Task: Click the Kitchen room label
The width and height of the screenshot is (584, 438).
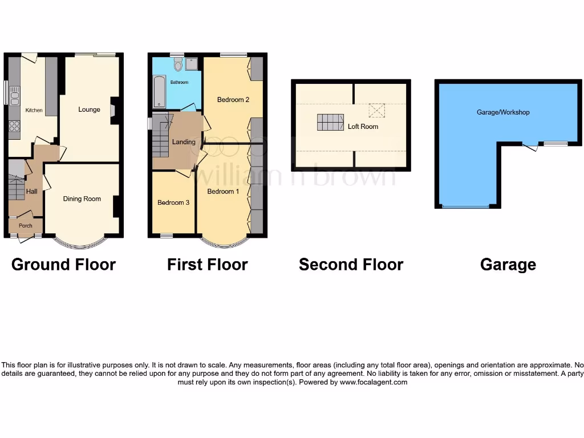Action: [34, 110]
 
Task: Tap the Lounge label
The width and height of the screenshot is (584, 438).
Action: [89, 109]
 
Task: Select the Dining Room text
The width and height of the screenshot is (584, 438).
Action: [82, 199]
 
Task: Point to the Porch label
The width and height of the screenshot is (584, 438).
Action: [25, 226]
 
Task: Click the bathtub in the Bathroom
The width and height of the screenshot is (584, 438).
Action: [158, 92]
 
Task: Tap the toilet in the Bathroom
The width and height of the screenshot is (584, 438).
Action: [178, 65]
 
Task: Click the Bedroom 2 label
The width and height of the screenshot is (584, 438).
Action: [233, 100]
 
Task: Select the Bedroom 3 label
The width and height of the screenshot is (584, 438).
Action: [173, 202]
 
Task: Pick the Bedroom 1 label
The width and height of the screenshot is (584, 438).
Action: [223, 192]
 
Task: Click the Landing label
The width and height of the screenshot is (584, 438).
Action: [184, 142]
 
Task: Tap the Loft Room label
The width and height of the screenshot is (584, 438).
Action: [363, 127]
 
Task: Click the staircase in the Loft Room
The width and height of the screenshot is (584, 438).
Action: [328, 122]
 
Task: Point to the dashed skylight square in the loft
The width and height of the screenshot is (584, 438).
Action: [376, 109]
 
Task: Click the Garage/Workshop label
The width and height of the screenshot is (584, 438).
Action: [503, 112]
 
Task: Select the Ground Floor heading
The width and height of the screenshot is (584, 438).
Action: [63, 265]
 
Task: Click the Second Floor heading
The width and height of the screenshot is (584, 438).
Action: [351, 265]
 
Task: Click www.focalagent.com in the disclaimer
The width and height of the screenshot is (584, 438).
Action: [374, 382]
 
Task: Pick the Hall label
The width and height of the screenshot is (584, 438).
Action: [32, 192]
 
